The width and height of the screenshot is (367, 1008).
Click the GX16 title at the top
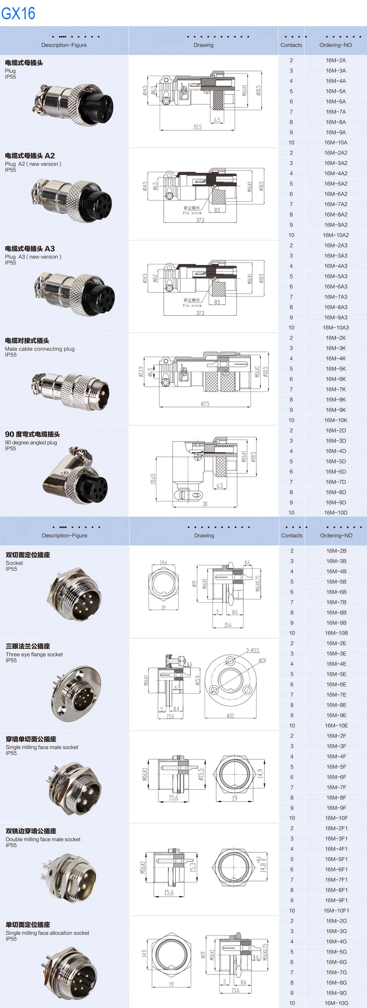click(x=18, y=13)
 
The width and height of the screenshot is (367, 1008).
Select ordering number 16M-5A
click(x=336, y=91)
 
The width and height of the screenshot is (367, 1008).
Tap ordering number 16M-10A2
click(x=336, y=235)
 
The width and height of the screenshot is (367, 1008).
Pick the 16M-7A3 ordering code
click(x=336, y=297)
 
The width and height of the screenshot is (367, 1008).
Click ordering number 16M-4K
click(x=336, y=358)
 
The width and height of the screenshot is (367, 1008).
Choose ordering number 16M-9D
click(x=336, y=502)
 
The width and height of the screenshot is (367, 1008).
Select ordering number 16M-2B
click(x=336, y=551)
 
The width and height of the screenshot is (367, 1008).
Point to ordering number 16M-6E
click(x=336, y=684)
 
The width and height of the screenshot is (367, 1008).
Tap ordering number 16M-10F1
click(x=336, y=911)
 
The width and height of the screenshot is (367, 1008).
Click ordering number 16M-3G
click(x=336, y=931)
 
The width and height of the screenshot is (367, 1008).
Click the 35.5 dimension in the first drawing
click(x=197, y=127)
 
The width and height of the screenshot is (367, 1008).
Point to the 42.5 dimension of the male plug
click(x=205, y=404)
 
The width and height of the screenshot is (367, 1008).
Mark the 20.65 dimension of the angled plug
click(x=153, y=479)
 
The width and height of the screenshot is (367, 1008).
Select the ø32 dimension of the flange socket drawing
click(x=230, y=716)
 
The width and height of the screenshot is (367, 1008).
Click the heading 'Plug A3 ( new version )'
click(x=33, y=257)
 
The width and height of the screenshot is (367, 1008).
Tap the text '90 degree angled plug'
click(x=31, y=443)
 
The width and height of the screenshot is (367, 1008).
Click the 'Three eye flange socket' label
click(x=34, y=655)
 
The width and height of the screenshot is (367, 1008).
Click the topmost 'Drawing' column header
click(x=203, y=45)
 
